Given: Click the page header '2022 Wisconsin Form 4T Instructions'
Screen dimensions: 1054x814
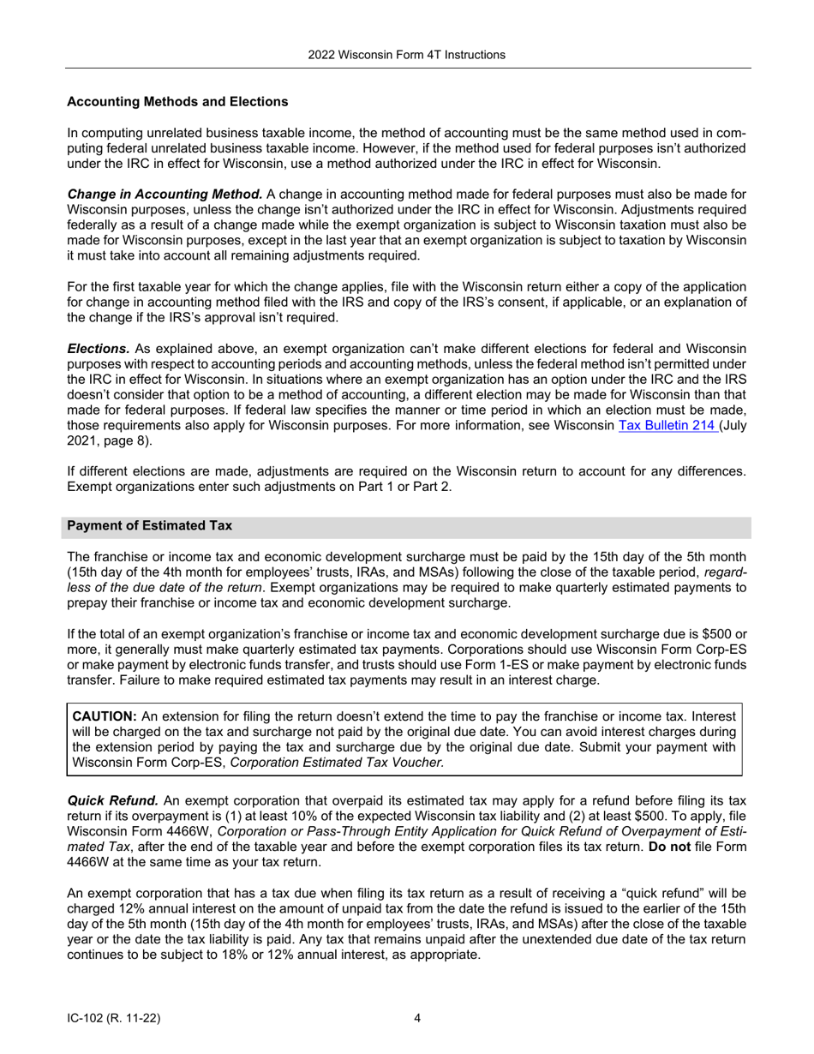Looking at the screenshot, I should [x=406, y=55].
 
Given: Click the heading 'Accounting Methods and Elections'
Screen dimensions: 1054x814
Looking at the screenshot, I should [x=177, y=102].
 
